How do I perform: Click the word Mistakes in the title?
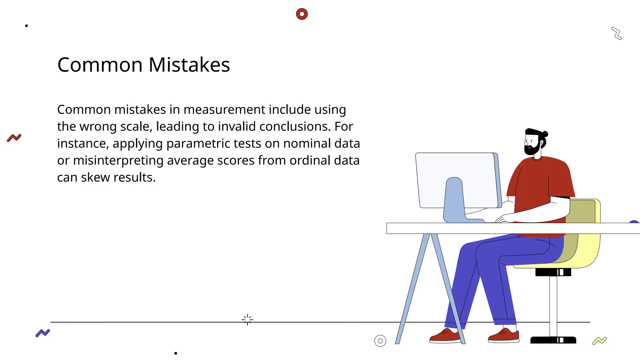coord(189,65)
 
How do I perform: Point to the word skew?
coord(95,177)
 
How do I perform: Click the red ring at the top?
coord(302,14)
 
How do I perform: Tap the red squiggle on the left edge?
coord(14,137)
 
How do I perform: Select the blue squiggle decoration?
coord(43,333)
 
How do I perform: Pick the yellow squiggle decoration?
coord(599,341)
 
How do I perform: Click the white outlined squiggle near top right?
coord(617,33)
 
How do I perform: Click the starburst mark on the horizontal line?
coord(247,320)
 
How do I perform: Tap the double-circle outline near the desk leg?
coord(380,341)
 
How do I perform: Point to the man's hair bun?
coord(545,134)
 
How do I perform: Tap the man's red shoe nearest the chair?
coord(504,336)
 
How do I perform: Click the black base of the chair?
coord(553,340)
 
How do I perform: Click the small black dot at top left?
coord(27,26)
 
